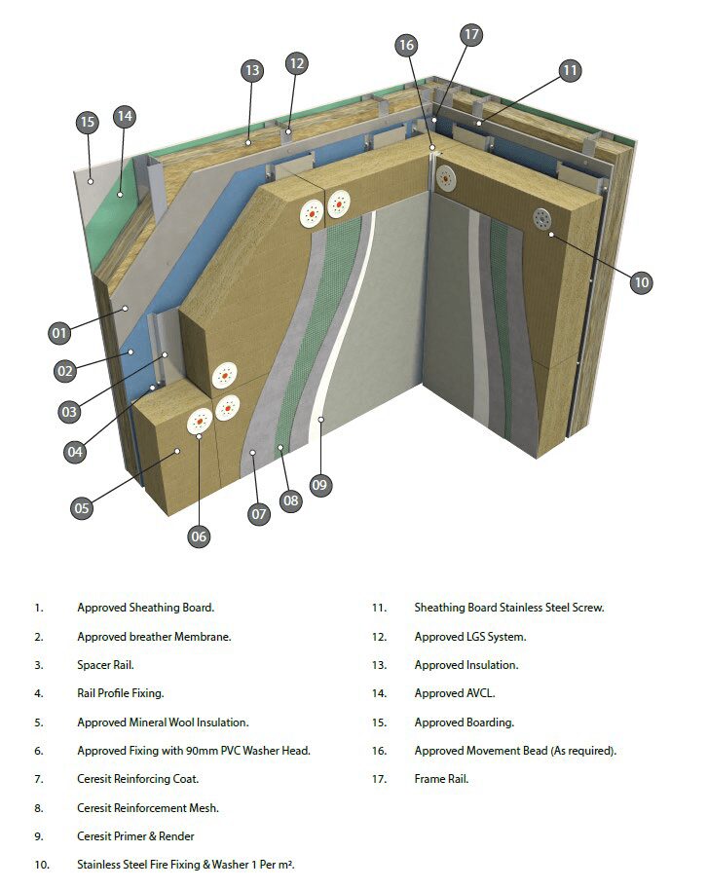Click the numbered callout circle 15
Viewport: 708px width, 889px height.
[88, 122]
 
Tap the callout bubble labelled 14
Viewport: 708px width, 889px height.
[124, 116]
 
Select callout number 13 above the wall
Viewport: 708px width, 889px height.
[252, 70]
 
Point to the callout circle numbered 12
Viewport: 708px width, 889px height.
[297, 63]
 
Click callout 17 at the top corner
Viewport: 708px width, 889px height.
[471, 35]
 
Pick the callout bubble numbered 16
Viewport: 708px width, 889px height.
[407, 45]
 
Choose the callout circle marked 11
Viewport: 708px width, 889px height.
[570, 70]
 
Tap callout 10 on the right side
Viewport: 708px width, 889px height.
[640, 282]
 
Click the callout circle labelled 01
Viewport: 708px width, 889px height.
[60, 333]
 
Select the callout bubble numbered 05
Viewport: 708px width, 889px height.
[82, 507]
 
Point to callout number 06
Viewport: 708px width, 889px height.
[200, 536]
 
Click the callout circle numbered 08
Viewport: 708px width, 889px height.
[290, 500]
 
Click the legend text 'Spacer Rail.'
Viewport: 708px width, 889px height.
[105, 665]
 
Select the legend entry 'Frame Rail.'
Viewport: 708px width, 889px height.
[441, 779]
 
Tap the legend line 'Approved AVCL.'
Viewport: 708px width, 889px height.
[456, 693]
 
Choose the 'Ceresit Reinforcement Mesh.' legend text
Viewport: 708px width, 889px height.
[148, 807]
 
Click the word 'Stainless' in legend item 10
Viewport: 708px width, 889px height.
[101, 865]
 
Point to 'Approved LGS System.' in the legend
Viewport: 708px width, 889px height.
[470, 637]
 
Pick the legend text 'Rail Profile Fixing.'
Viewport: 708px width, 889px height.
[121, 693]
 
